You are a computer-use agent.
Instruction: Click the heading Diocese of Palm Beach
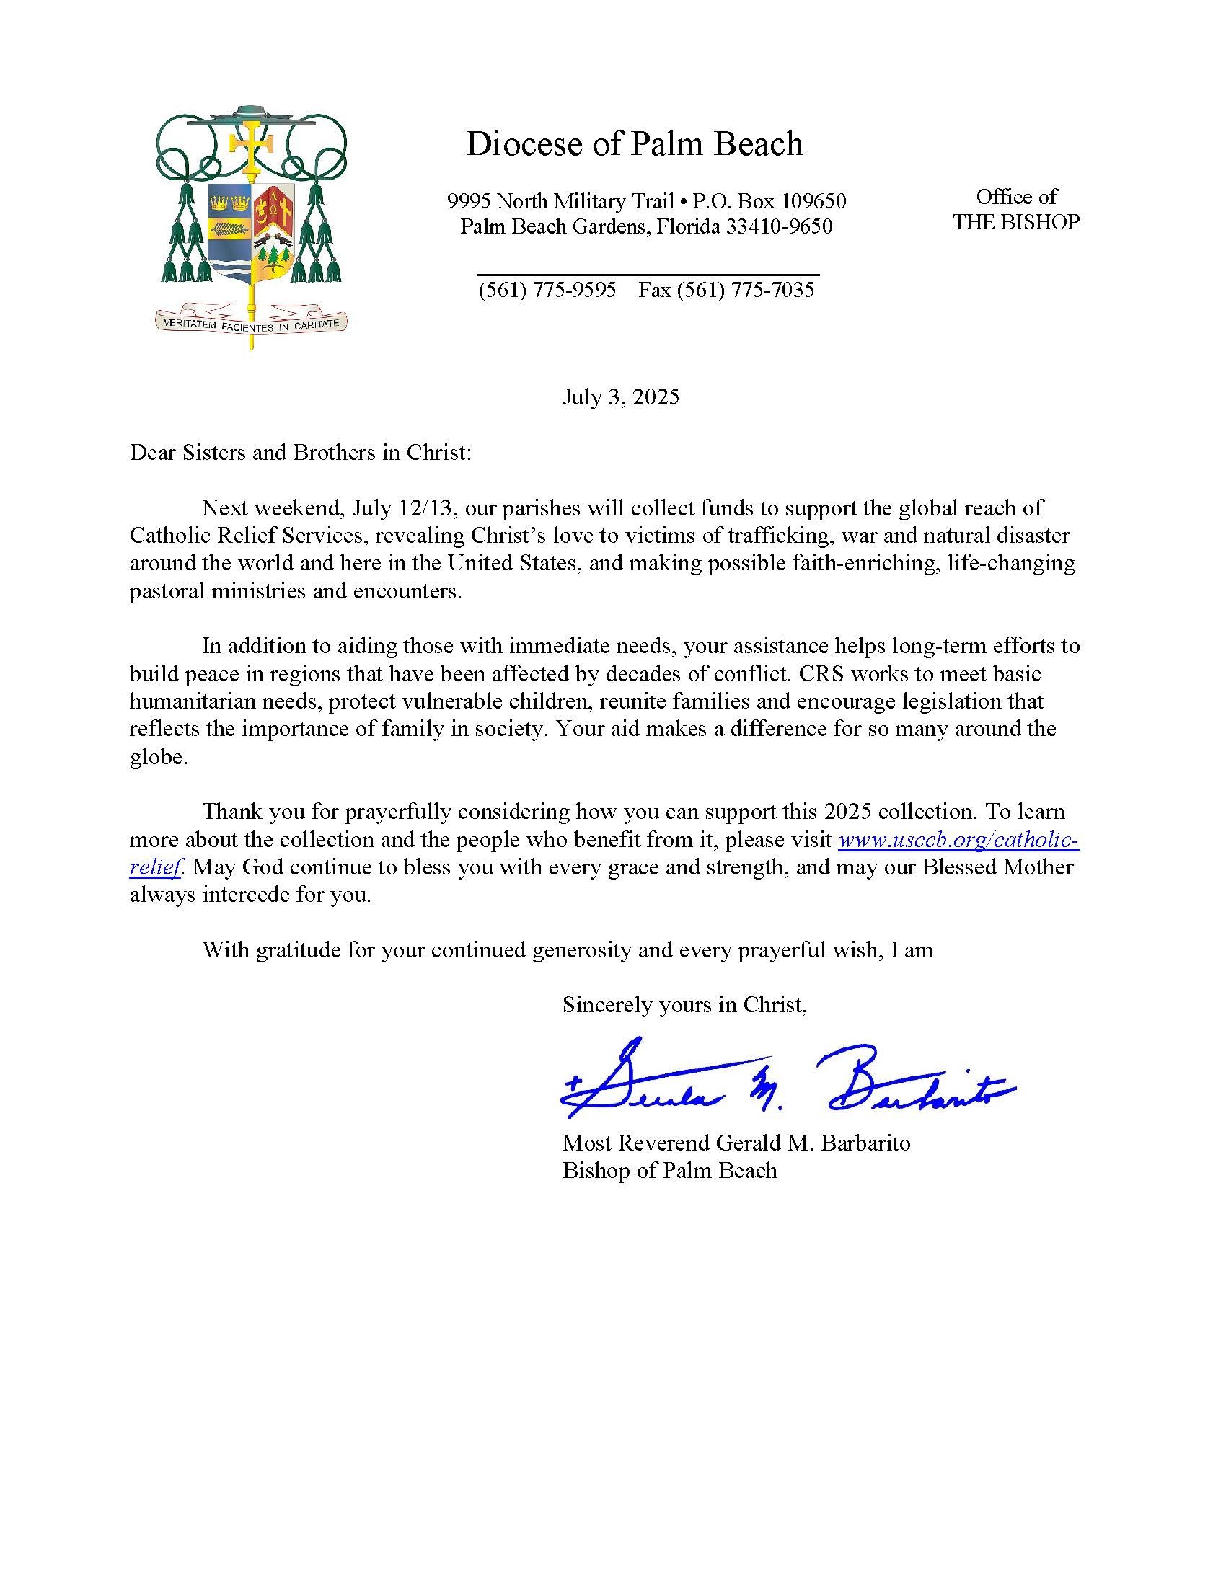point(634,143)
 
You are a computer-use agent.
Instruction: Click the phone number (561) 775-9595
point(547,291)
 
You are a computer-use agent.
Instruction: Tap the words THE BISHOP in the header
point(1016,222)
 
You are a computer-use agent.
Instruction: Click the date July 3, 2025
point(621,397)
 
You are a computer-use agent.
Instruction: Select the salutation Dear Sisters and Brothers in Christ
point(301,453)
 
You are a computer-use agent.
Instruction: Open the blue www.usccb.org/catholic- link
point(958,840)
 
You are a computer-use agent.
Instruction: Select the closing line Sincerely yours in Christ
point(684,1004)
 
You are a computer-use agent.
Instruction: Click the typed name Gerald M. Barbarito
point(813,1143)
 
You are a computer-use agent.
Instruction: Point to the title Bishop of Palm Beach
point(670,1171)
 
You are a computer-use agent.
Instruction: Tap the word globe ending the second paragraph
point(157,757)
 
